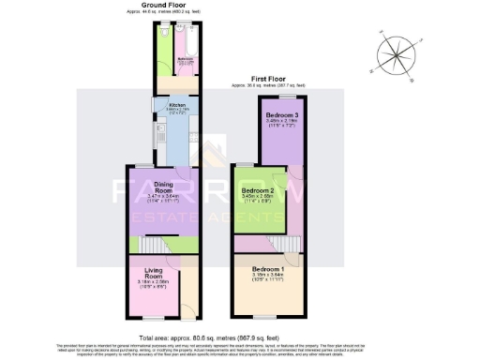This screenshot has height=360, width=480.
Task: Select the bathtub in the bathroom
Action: point(184,43)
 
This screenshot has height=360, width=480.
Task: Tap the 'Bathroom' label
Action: point(186,60)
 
